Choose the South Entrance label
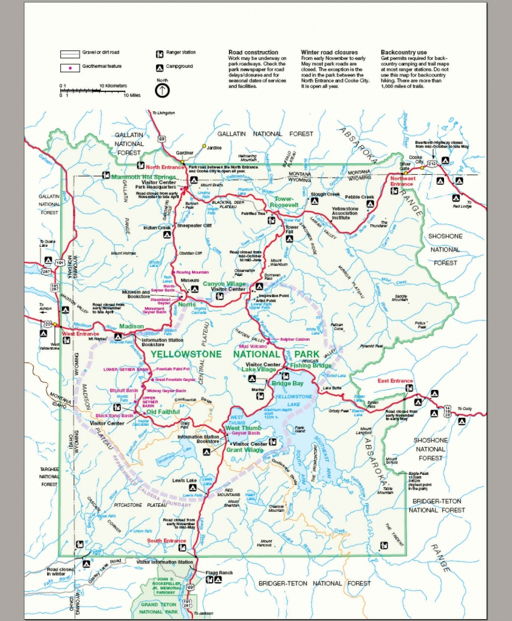pyautogui.click(x=166, y=540)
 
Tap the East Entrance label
pyautogui.click(x=395, y=381)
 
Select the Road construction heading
pyautogui.click(x=253, y=52)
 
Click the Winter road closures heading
pyautogui.click(x=329, y=52)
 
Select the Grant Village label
pyautogui.click(x=243, y=450)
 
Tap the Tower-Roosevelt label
pyautogui.click(x=283, y=202)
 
